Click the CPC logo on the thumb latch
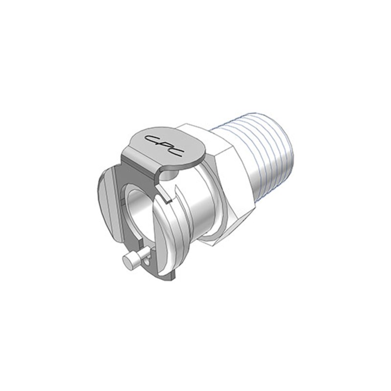coord(164,145)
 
